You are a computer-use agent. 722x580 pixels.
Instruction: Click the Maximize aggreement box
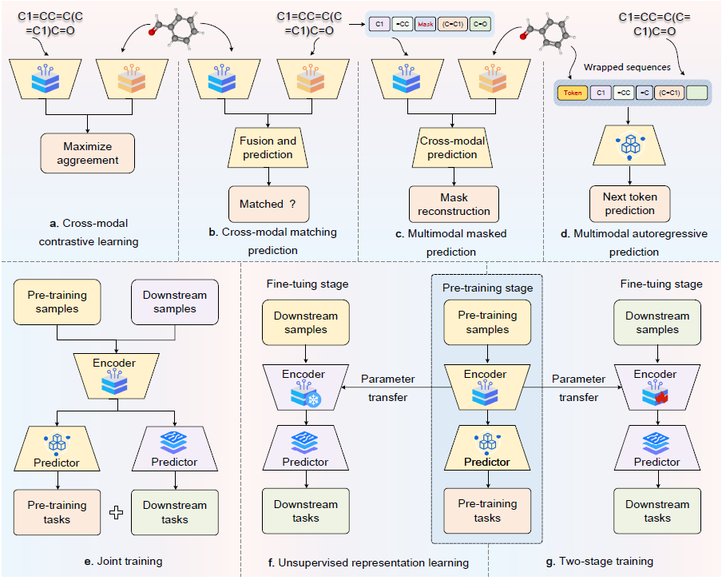[87, 153]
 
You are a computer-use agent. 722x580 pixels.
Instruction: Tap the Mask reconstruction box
[454, 204]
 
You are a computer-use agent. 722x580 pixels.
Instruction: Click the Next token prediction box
[629, 204]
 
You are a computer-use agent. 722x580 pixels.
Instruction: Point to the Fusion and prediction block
[268, 148]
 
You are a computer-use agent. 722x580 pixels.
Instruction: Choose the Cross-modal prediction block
[453, 148]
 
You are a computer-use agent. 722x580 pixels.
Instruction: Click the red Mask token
[425, 25]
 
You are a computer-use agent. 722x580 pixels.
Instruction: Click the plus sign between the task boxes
[117, 513]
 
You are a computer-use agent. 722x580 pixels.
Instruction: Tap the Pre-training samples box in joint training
[56, 302]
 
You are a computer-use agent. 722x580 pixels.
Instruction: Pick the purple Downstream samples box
[173, 302]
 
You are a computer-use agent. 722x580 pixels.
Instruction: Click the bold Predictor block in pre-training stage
[486, 450]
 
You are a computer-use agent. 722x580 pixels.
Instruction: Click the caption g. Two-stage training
[601, 562]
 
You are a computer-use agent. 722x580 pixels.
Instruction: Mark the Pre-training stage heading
[486, 288]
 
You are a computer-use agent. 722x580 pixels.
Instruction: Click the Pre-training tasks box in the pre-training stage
[486, 510]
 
